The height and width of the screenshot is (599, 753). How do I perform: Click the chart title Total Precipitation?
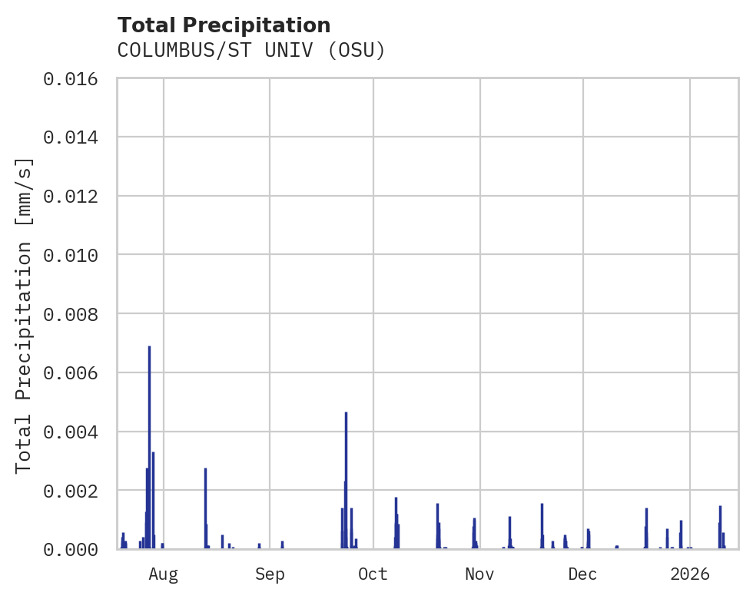[224, 25]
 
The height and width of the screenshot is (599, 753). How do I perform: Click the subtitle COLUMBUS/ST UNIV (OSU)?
[250, 51]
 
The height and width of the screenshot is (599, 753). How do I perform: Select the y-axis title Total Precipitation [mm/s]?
[25, 314]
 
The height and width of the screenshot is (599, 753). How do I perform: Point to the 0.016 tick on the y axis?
[75, 78]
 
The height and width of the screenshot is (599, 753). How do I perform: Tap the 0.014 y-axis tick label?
[75, 137]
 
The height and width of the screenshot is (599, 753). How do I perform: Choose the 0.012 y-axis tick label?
[75, 196]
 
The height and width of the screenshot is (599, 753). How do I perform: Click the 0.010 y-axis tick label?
[75, 255]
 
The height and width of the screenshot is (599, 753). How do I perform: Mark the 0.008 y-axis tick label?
[75, 314]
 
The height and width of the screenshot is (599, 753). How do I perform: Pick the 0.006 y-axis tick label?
[75, 372]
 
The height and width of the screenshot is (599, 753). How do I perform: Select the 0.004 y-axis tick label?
[75, 432]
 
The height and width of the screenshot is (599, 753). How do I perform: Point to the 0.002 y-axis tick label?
[75, 490]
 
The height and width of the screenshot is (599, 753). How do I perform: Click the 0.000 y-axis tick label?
[75, 549]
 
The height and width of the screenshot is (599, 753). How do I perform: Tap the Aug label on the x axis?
[164, 574]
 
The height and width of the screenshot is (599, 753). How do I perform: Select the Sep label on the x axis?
[270, 574]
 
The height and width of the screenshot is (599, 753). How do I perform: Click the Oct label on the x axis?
[373, 574]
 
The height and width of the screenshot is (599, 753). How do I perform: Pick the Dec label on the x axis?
[583, 574]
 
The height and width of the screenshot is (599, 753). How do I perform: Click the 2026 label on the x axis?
[690, 574]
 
